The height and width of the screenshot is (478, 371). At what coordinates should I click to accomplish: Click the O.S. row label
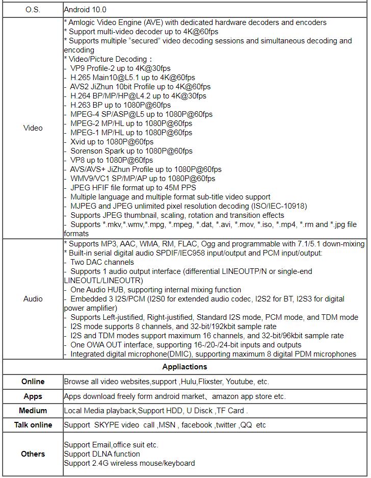33,10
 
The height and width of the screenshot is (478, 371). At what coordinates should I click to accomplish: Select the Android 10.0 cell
85,10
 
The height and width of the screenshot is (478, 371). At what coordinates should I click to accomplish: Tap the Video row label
33,128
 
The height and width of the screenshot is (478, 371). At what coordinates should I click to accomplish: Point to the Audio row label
33,299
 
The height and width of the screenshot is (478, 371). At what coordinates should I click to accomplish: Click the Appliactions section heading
184,367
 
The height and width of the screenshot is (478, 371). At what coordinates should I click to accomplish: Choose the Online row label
33,382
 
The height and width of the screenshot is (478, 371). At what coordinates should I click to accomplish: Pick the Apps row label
33,396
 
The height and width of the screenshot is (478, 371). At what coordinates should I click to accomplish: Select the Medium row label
33,411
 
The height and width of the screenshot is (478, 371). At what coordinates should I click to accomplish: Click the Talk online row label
33,425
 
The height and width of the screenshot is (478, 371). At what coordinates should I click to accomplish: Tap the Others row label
33,454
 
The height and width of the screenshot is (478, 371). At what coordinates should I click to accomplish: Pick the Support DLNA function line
102,454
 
